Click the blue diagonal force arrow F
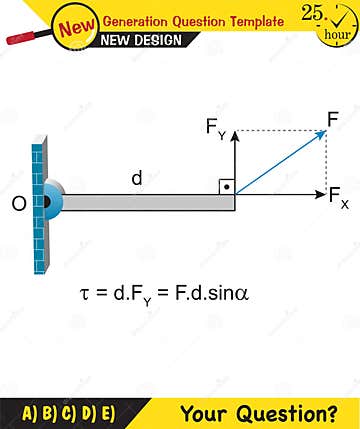280,162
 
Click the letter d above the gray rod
137,178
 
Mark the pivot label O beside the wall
18,204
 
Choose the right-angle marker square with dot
227,187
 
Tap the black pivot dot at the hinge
46,203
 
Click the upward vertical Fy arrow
235,165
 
